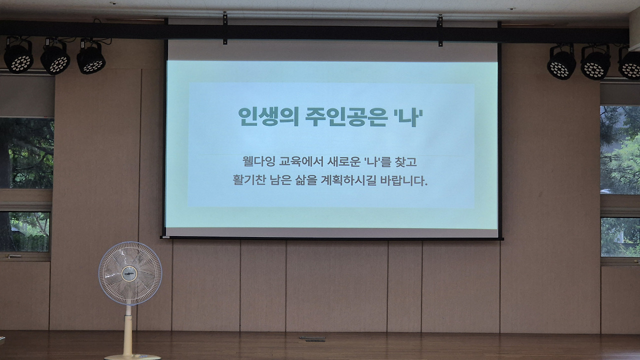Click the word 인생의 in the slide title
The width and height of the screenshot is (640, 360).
(x=268, y=116)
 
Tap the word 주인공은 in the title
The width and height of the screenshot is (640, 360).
(x=346, y=116)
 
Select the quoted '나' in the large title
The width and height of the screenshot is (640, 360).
(x=408, y=116)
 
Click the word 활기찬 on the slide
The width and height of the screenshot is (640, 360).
(x=249, y=180)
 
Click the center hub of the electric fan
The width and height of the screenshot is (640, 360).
(x=129, y=273)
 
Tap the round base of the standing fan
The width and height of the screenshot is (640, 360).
(x=132, y=357)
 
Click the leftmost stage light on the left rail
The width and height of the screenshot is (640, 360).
(x=18, y=55)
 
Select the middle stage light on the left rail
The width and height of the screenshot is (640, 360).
(x=55, y=56)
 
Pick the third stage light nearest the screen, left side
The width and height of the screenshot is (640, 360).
(x=91, y=56)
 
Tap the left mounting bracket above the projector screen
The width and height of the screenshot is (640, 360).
(x=225, y=28)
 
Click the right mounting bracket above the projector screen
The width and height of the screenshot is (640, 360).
(x=440, y=30)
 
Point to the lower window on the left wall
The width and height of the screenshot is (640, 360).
(x=25, y=232)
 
